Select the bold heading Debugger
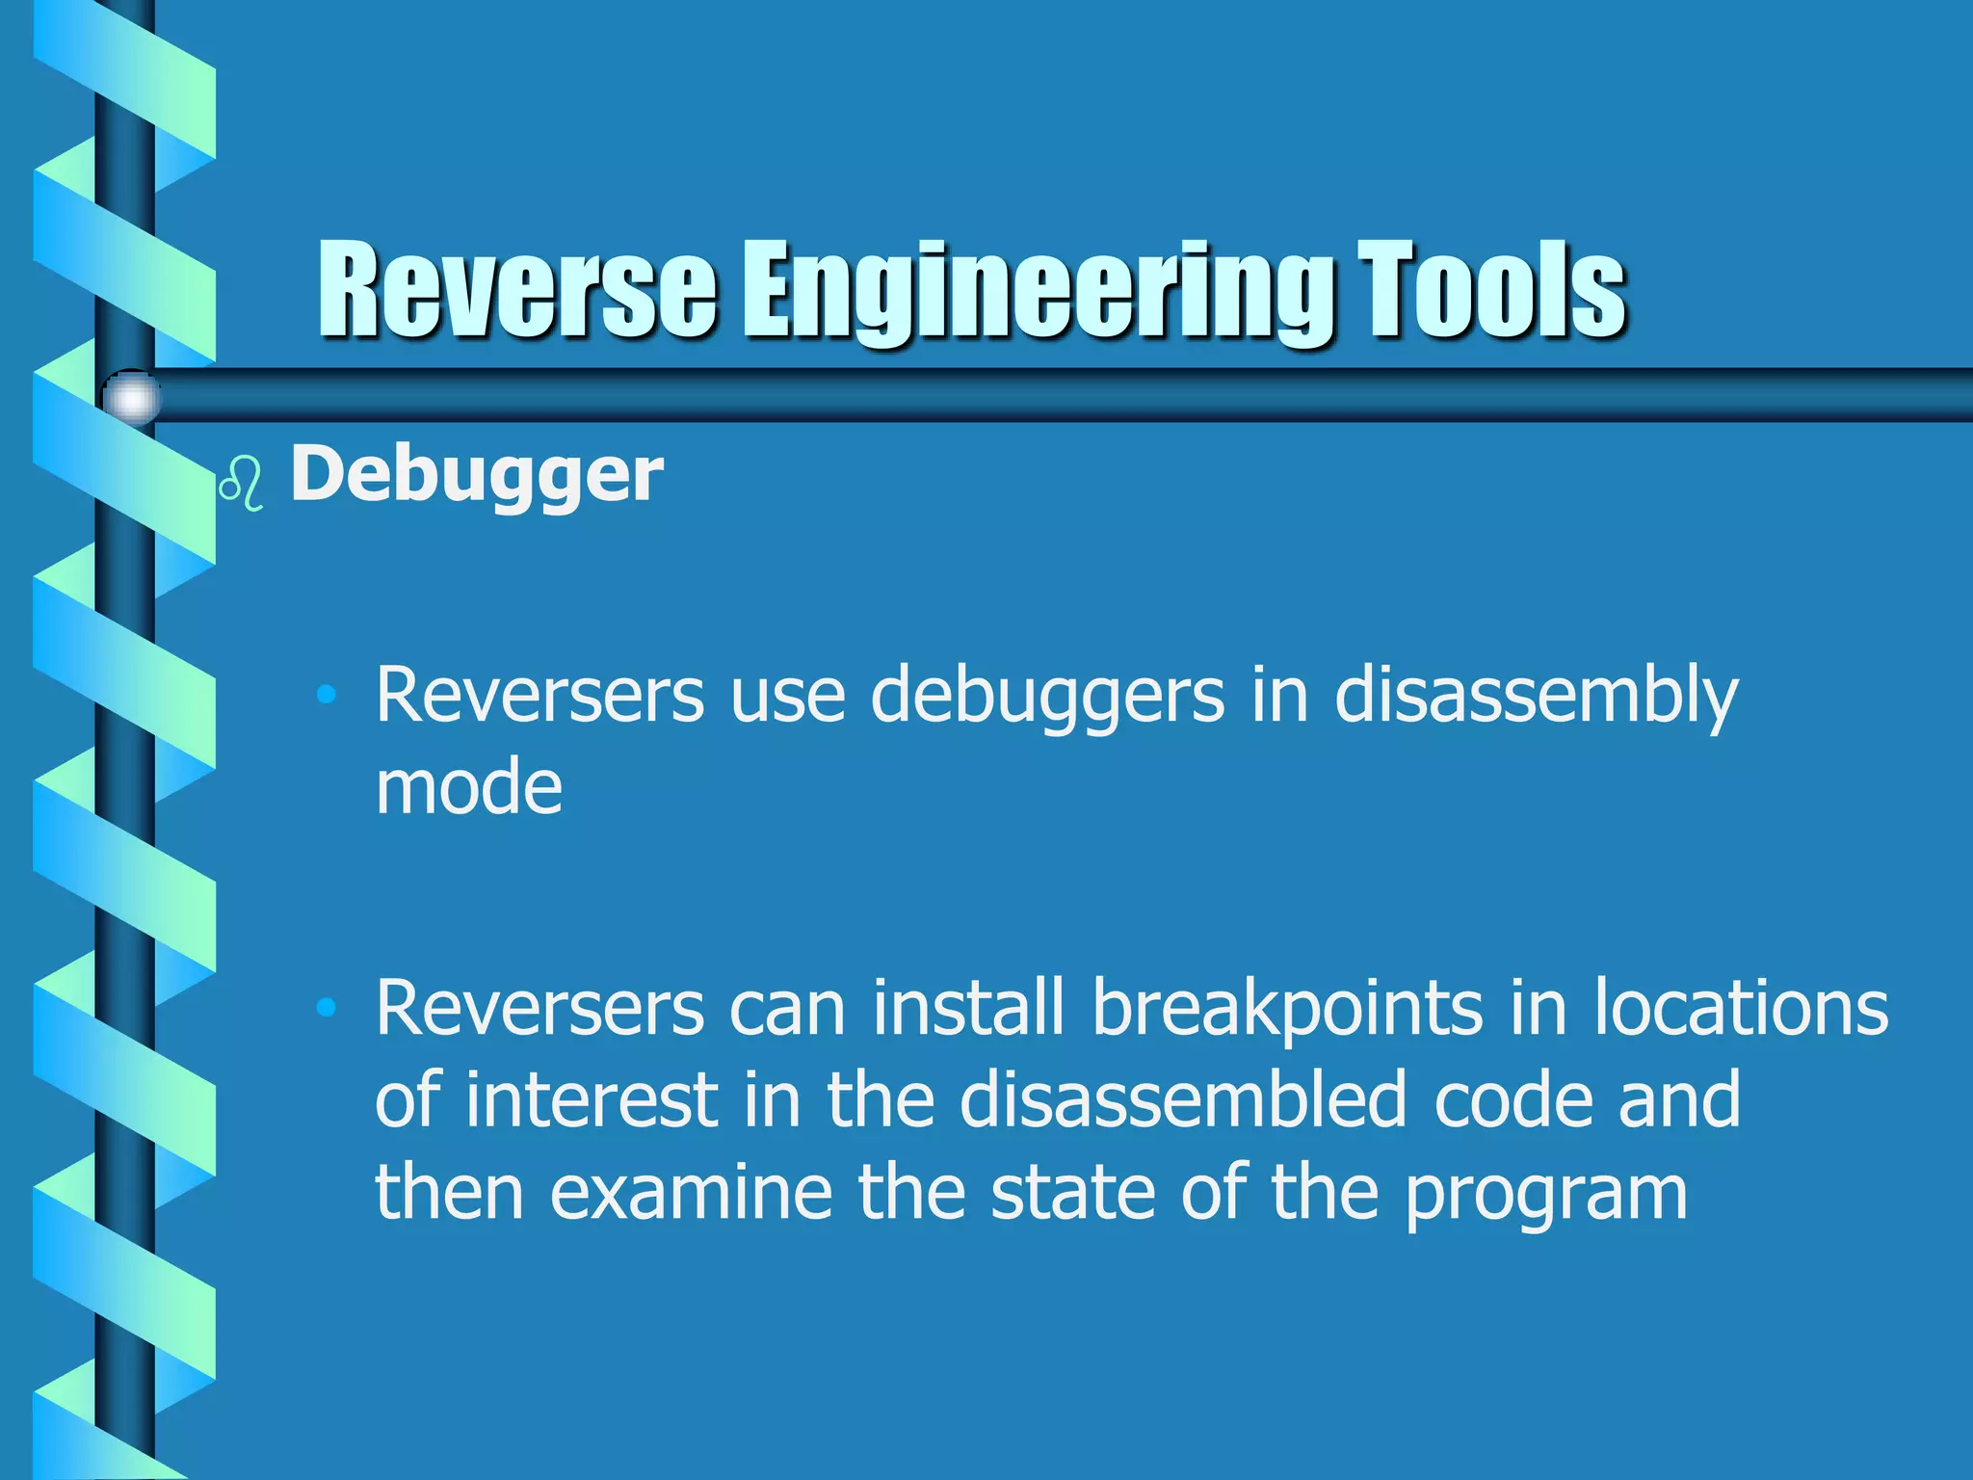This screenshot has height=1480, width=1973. point(476,474)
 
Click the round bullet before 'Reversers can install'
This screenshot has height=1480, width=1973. point(327,1008)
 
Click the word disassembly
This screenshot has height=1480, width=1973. point(1536,696)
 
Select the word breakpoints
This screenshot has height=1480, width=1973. point(1287,1009)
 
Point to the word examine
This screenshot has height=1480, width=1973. point(690,1193)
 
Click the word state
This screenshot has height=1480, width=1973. point(1073,1193)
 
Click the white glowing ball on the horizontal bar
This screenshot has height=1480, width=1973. point(132,397)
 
